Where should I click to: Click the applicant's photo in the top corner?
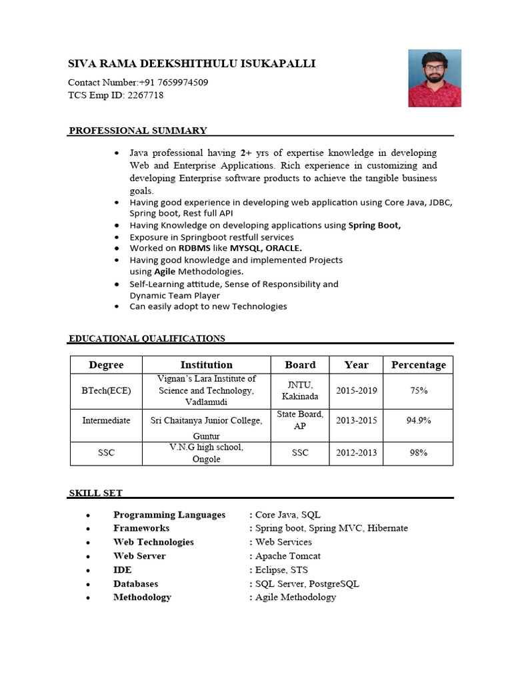click(x=435, y=78)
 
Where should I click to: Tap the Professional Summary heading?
click(x=138, y=131)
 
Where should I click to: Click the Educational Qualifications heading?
click(x=147, y=338)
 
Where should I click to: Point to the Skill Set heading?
click(x=96, y=493)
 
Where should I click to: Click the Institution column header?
click(x=207, y=365)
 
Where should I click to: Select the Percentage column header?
click(x=418, y=365)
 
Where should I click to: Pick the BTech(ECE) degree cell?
click(x=106, y=390)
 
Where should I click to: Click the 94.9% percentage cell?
click(x=418, y=420)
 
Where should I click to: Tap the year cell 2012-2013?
click(x=357, y=453)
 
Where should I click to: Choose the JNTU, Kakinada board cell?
click(x=300, y=390)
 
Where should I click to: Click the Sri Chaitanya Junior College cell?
click(x=207, y=420)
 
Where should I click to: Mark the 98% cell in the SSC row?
click(x=418, y=453)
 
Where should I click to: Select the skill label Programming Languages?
click(x=169, y=515)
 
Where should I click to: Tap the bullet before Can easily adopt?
click(x=117, y=307)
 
